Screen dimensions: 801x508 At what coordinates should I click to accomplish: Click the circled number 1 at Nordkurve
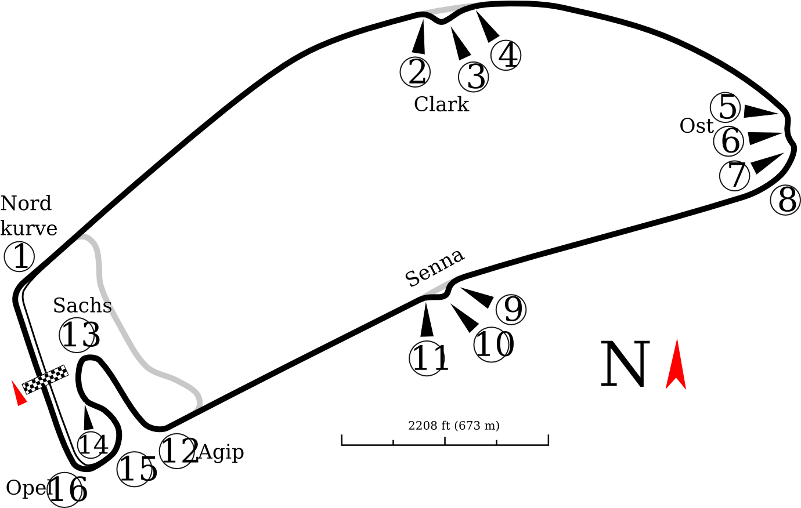point(19,256)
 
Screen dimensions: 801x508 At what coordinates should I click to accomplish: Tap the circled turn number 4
point(506,55)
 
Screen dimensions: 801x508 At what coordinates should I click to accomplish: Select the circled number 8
point(785,200)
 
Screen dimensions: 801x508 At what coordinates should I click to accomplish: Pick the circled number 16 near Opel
point(68,490)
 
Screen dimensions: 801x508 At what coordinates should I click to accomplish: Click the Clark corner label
point(441,104)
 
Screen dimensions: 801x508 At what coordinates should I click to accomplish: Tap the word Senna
point(435,268)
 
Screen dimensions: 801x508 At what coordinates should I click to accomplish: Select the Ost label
point(696,126)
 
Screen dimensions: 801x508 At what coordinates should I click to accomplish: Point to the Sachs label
point(82,306)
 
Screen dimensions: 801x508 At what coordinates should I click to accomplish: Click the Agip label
point(221,453)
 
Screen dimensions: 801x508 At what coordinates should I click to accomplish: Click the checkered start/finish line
point(45,379)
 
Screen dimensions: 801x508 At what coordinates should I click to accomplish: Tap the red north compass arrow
point(676,364)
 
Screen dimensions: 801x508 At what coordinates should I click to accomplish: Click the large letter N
point(625,364)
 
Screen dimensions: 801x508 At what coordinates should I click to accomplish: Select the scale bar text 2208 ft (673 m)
point(453,426)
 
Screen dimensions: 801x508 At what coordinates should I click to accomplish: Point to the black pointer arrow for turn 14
point(87,416)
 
